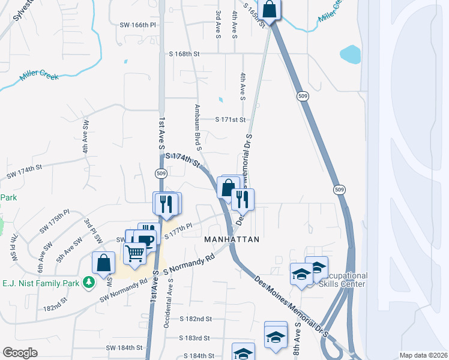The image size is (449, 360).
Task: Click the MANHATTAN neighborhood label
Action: (232, 239)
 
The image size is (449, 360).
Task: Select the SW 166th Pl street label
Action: (138, 25)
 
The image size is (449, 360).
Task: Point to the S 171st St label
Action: (231, 120)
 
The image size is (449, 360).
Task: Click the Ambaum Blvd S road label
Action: (197, 127)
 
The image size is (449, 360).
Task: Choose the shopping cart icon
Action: (135, 254)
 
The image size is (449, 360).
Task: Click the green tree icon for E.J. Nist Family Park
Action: (89, 281)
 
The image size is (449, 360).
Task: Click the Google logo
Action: (20, 353)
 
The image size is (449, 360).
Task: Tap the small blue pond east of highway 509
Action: (351, 55)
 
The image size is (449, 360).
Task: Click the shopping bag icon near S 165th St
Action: (270, 10)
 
